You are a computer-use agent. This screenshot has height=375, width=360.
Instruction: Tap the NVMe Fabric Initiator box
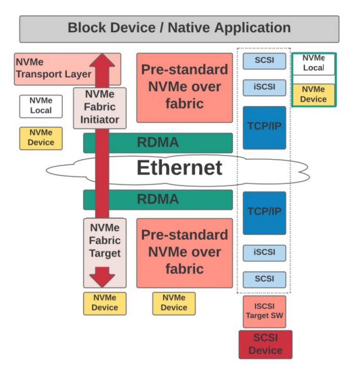(100, 107)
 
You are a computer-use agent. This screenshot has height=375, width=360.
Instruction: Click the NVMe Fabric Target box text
(105, 241)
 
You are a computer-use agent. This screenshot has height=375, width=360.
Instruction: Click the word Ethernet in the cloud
(179, 168)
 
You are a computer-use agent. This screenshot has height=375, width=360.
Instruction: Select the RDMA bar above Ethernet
(158, 143)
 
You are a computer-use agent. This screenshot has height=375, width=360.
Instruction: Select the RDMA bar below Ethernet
(158, 200)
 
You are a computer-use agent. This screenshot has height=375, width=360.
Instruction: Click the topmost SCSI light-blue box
(264, 60)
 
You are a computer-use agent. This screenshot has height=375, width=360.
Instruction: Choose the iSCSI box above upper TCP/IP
(264, 88)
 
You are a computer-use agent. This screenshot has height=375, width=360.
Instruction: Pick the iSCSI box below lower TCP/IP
(264, 253)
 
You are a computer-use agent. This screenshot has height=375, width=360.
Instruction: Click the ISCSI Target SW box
(264, 311)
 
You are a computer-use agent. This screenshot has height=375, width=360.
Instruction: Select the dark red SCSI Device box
(265, 344)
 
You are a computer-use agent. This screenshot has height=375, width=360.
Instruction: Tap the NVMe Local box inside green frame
(314, 64)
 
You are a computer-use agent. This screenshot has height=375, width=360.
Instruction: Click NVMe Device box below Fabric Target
(105, 303)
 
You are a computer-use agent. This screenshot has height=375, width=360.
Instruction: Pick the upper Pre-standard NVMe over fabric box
(184, 87)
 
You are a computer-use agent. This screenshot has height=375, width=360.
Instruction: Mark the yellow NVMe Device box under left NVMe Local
(41, 138)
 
